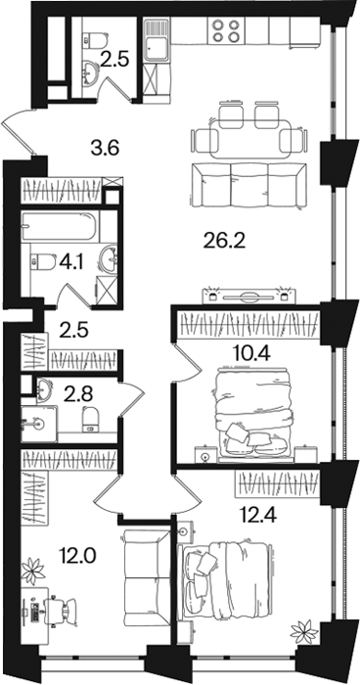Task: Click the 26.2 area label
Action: (225, 240)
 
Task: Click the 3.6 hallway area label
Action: (106, 148)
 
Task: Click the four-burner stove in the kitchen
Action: (225, 30)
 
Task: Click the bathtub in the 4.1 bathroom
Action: (61, 226)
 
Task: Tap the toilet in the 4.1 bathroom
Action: (42, 262)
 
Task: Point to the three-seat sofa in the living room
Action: (248, 185)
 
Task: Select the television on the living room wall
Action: (248, 297)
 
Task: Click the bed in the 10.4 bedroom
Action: (253, 416)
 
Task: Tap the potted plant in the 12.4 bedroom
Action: (304, 632)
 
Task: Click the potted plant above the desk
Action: (33, 571)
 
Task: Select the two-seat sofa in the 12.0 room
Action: (145, 578)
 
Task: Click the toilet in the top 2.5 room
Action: (95, 40)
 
